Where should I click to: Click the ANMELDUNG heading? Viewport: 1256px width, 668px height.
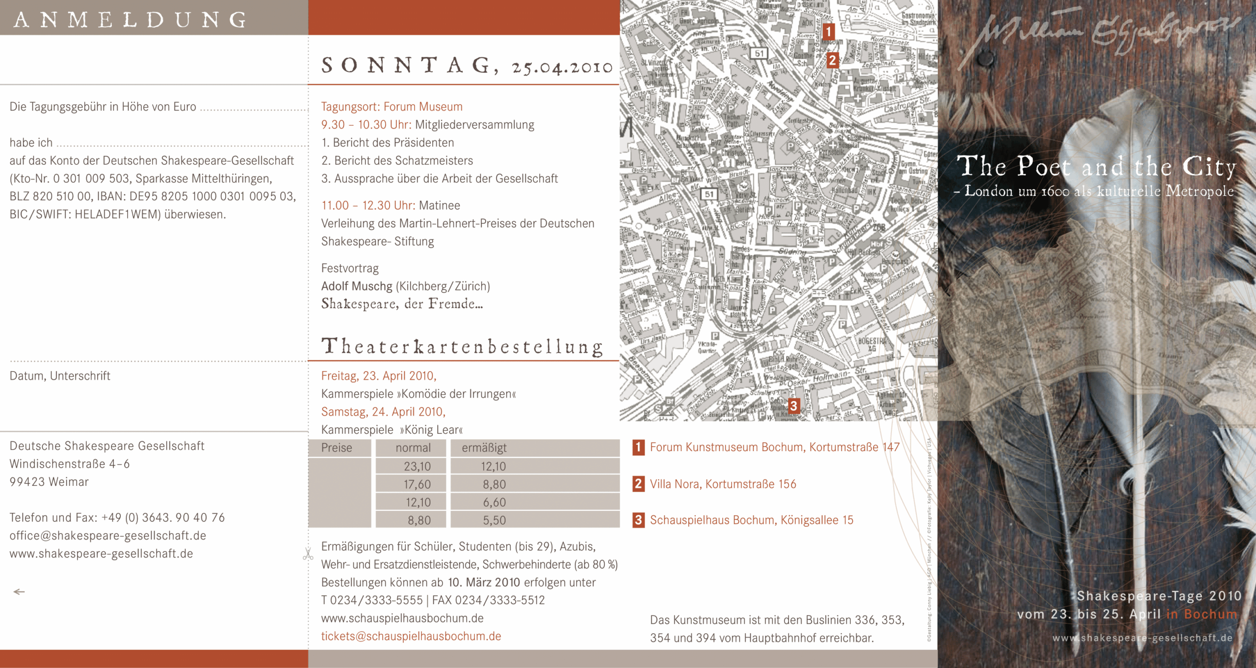tap(130, 20)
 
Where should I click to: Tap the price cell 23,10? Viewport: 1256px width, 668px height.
tap(417, 466)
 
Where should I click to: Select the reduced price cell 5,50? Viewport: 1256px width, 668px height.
tap(494, 520)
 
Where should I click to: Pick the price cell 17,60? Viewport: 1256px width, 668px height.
tap(417, 484)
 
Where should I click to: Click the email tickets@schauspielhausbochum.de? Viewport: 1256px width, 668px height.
tap(411, 636)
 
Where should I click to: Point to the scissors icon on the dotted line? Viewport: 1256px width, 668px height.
tap(308, 554)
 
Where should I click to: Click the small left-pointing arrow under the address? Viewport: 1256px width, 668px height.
tap(19, 592)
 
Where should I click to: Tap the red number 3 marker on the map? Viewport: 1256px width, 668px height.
tap(793, 406)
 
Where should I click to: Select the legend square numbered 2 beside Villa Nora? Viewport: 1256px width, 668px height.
tap(638, 484)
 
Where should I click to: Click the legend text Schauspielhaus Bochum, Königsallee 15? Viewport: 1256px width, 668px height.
tap(752, 520)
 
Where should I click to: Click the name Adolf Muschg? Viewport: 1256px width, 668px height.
tap(357, 286)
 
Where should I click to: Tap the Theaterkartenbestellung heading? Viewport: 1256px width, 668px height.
tap(462, 347)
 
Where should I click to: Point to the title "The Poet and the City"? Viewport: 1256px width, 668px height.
tap(1096, 166)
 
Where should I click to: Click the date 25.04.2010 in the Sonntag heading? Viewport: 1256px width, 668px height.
tap(562, 67)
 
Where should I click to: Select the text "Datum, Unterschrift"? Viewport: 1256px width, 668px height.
tap(60, 376)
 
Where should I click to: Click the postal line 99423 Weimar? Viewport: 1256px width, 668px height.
tap(49, 482)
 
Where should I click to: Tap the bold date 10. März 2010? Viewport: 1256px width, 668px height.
tap(484, 583)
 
